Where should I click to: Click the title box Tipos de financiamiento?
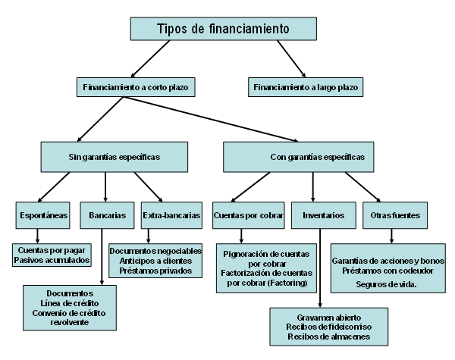coord(223,29)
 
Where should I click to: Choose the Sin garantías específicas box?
coord(114,157)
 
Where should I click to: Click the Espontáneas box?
coord(42,215)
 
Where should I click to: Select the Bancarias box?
coord(107,215)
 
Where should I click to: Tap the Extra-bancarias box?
coord(171,215)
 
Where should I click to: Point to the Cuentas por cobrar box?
coord(248,215)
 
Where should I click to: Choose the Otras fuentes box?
coord(390,215)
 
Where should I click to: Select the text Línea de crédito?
coord(69,302)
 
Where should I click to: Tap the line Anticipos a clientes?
coord(155,259)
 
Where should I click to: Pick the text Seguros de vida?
coord(388,283)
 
